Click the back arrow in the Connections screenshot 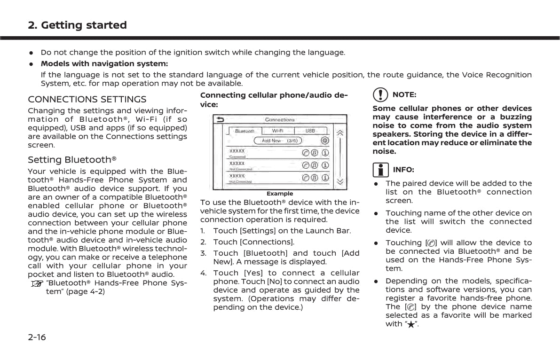click(x=220, y=120)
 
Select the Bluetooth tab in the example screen click(x=245, y=131)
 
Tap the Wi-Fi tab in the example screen click(x=277, y=131)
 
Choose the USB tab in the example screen click(x=310, y=131)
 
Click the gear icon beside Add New click(x=324, y=141)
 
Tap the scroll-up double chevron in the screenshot click(x=340, y=133)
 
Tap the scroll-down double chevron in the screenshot click(x=340, y=181)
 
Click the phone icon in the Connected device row click(x=306, y=153)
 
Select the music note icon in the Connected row click(x=315, y=153)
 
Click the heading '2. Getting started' click(x=77, y=25)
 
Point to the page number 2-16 click(x=37, y=337)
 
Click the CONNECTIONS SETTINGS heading click(x=87, y=99)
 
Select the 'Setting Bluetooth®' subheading click(x=72, y=160)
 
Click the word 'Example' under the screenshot click(x=280, y=194)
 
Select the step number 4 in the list click(x=203, y=273)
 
